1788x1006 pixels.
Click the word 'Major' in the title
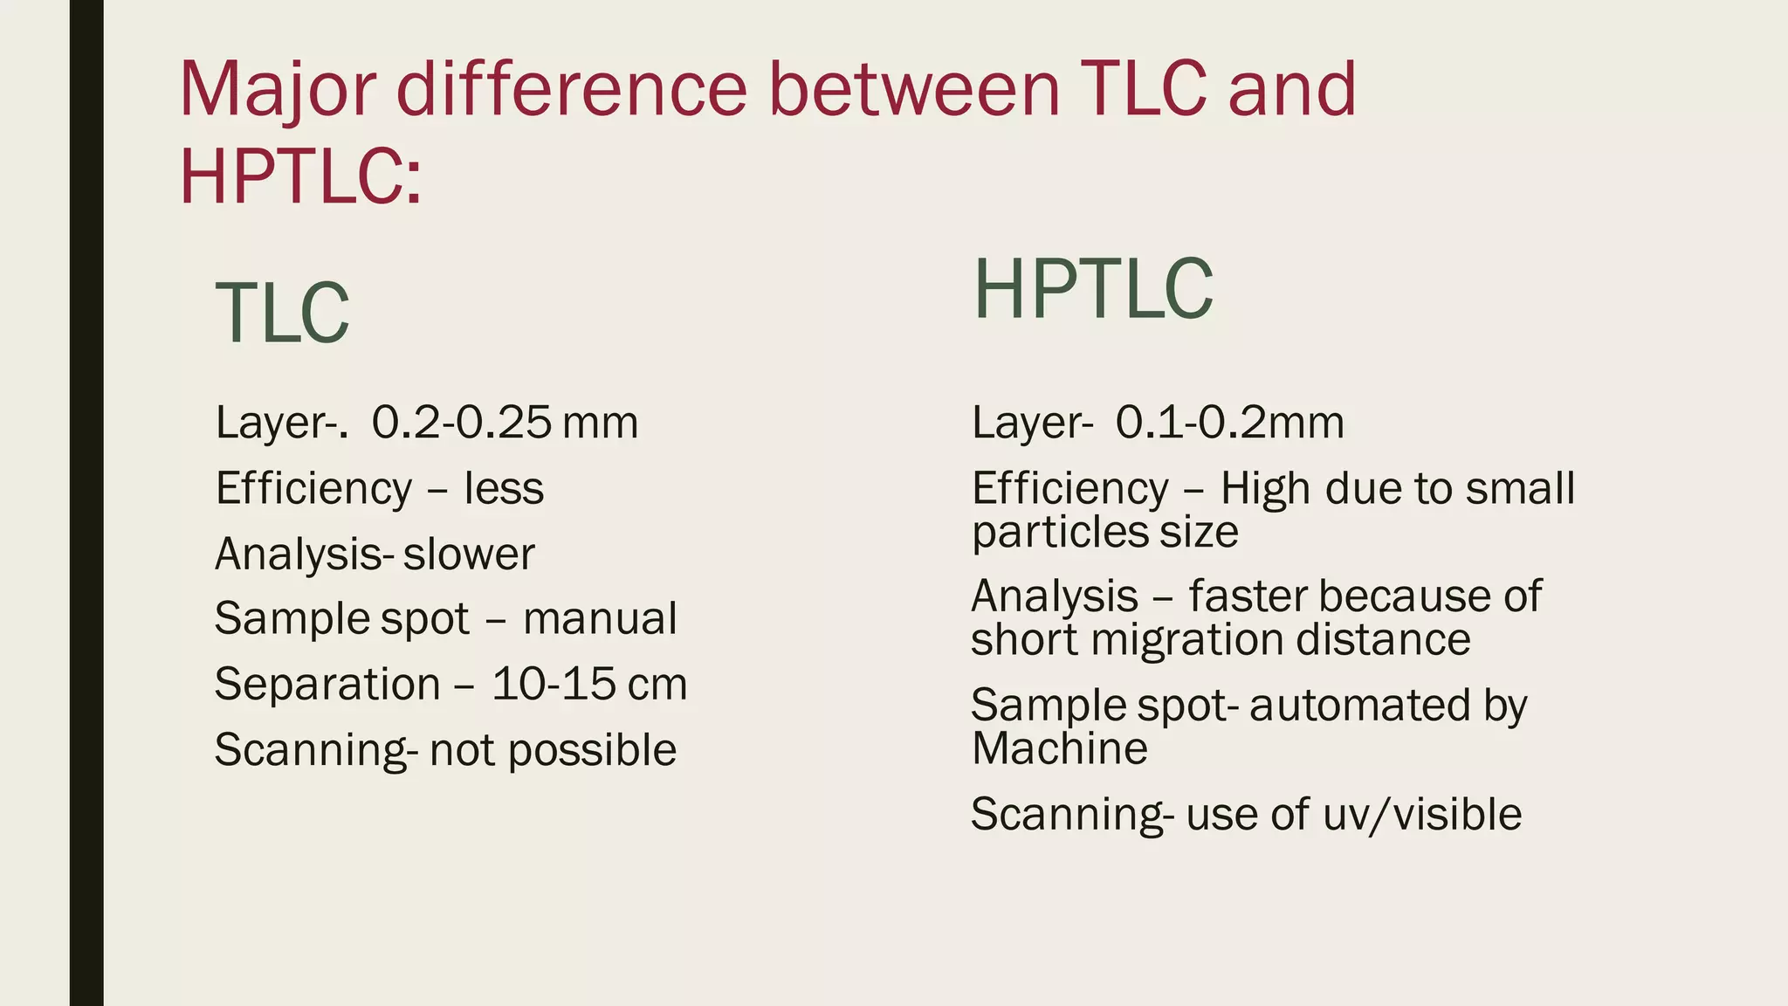[278, 91]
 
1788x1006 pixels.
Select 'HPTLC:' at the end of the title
[300, 176]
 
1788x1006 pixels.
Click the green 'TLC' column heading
[282, 314]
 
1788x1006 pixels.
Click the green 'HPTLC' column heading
[1093, 289]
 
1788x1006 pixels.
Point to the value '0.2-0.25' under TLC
[461, 423]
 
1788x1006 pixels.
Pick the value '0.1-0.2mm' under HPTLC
[1229, 423]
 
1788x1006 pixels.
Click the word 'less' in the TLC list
[504, 488]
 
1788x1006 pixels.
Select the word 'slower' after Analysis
[469, 554]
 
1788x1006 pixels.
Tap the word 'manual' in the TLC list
[600, 619]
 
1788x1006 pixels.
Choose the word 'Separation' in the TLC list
[327, 684]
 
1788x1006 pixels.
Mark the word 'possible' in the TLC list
[592, 750]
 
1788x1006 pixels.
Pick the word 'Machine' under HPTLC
[1059, 748]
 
